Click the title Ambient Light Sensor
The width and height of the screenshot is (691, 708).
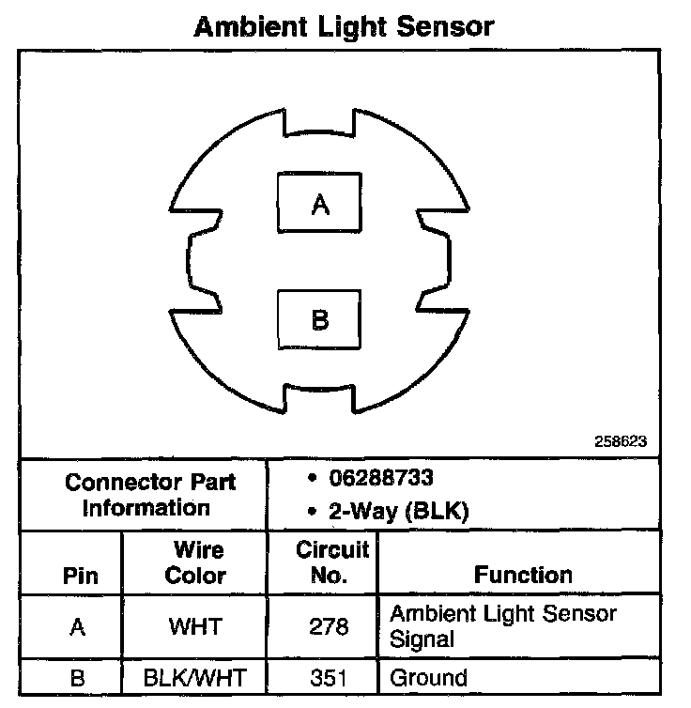pyautogui.click(x=344, y=26)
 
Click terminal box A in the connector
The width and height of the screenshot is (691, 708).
pyautogui.click(x=320, y=203)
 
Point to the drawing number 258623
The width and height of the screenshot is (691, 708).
pyautogui.click(x=620, y=439)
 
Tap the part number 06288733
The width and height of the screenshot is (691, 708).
pyautogui.click(x=380, y=478)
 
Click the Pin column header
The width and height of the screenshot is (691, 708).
pyautogui.click(x=79, y=575)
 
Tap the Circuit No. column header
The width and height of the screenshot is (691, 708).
pyautogui.click(x=332, y=562)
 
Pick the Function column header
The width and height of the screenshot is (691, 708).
pyautogui.click(x=523, y=574)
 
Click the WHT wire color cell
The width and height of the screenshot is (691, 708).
pyautogui.click(x=194, y=626)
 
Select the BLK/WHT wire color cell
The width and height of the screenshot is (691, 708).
pyautogui.click(x=194, y=677)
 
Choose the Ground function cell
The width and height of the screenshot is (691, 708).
pyautogui.click(x=428, y=677)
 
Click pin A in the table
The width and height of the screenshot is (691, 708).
pyautogui.click(x=78, y=626)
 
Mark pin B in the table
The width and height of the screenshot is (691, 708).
pyautogui.click(x=78, y=677)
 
